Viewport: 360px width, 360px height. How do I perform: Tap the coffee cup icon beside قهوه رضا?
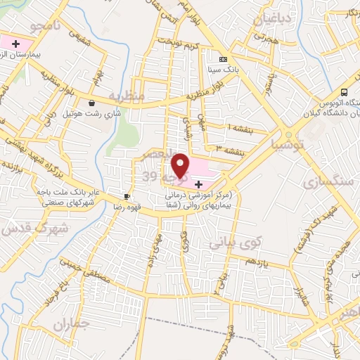[x=127, y=196]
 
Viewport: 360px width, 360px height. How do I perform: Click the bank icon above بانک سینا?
[x=223, y=60]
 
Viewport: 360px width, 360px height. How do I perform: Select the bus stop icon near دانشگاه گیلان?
[x=344, y=92]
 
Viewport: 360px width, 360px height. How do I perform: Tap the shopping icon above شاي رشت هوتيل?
[x=91, y=103]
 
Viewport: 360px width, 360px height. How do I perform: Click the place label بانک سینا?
[x=222, y=70]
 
